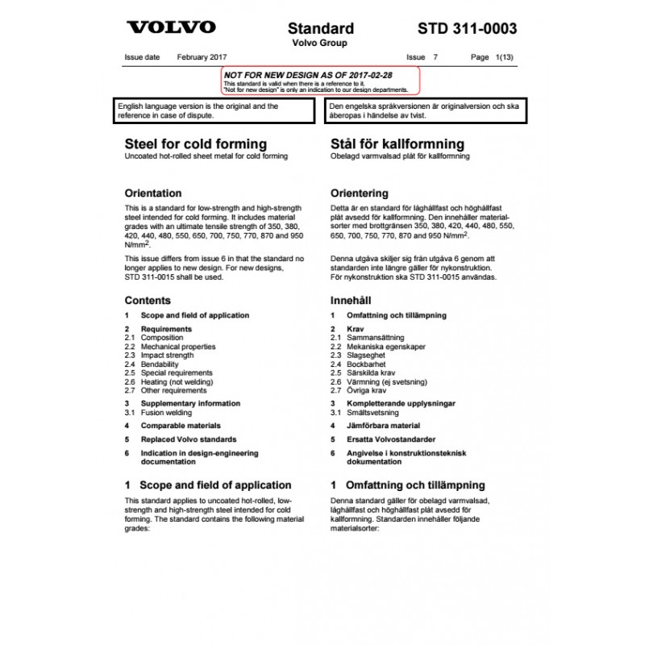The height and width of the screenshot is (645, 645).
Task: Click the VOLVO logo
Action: coord(171,27)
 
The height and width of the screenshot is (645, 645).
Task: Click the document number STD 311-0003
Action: coord(467,28)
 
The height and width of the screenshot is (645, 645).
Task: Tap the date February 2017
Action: coord(202,58)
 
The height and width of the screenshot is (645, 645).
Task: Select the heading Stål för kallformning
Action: coord(397,144)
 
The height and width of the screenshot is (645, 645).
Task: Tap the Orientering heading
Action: coord(360,193)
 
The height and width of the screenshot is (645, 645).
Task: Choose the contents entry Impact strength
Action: coord(167,355)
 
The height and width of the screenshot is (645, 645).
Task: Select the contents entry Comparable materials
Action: coord(180,426)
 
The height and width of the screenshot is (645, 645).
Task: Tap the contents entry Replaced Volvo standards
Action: coord(189,439)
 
